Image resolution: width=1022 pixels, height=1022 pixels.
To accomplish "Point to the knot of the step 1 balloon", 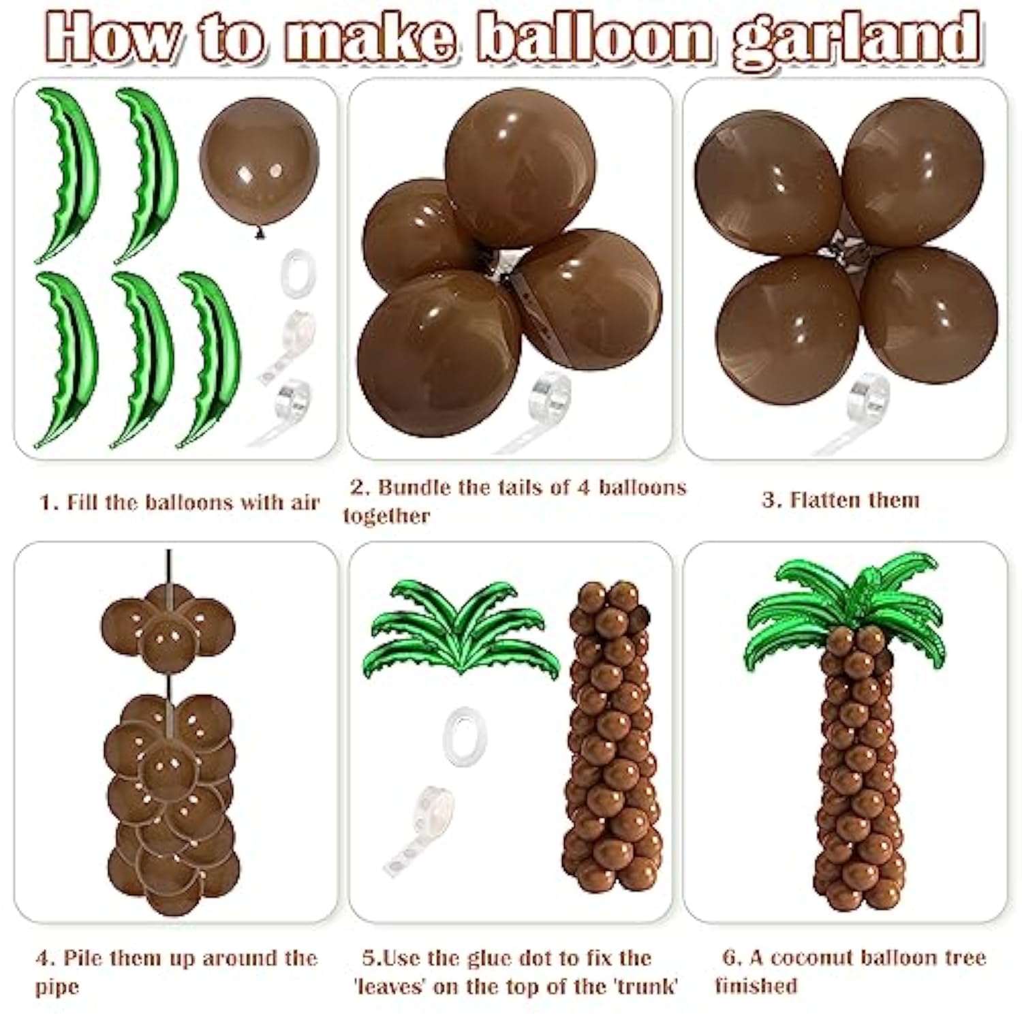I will click(x=259, y=234).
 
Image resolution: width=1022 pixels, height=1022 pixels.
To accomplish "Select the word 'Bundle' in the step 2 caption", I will click(x=415, y=488).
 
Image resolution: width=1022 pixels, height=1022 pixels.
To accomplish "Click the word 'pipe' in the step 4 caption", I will click(x=57, y=987).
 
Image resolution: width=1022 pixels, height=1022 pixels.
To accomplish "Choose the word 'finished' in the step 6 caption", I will click(x=756, y=986).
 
